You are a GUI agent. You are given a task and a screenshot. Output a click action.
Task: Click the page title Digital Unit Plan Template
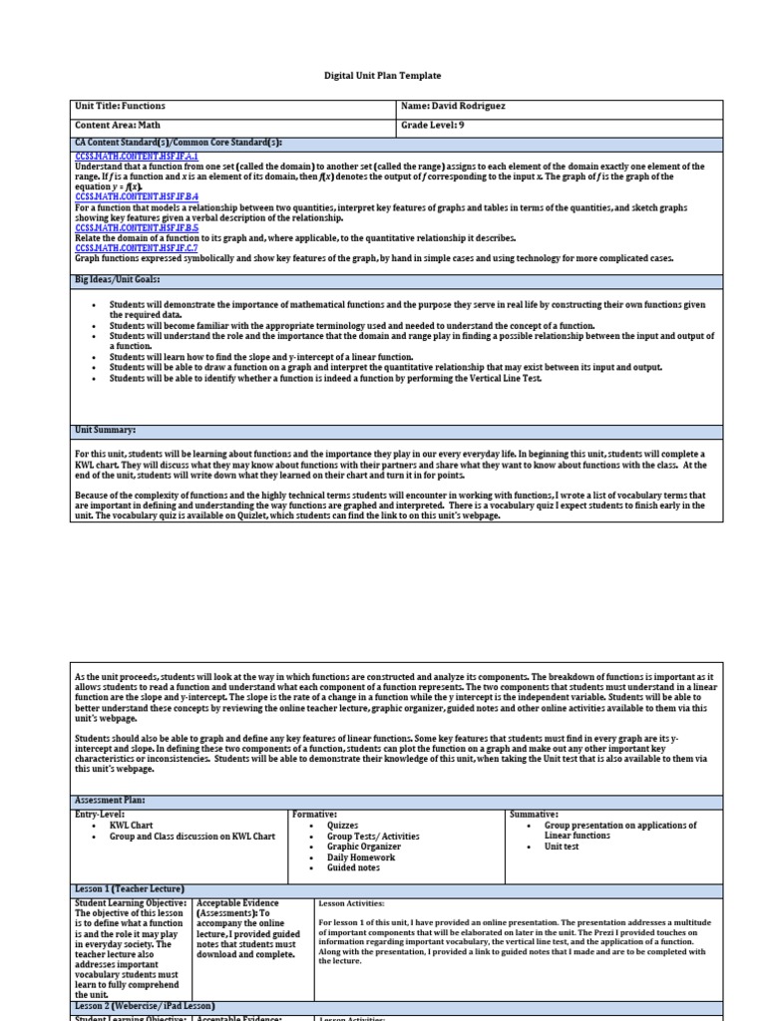pos(382,76)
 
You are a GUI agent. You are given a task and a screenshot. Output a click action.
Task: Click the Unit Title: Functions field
pos(121,106)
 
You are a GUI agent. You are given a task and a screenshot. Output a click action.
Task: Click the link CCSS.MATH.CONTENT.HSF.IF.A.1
pos(137,158)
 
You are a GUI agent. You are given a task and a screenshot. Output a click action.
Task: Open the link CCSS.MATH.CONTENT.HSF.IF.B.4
pos(137,196)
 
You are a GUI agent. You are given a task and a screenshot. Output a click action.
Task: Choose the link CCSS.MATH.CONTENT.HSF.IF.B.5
pos(137,227)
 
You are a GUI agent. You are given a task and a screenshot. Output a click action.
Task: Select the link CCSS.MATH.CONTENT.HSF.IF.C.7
pos(137,248)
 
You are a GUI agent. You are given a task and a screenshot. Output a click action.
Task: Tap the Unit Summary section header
pos(106,430)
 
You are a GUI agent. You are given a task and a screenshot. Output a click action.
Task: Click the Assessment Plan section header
pos(110,801)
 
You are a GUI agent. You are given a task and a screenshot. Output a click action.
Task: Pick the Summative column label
pos(535,815)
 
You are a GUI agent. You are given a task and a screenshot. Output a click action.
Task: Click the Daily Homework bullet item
pos(361,857)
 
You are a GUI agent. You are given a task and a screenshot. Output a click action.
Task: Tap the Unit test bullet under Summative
pos(562,847)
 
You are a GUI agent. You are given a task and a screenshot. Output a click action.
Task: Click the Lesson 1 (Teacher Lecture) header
pos(130,888)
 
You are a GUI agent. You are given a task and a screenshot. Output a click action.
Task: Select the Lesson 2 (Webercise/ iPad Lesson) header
pos(146,1006)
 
